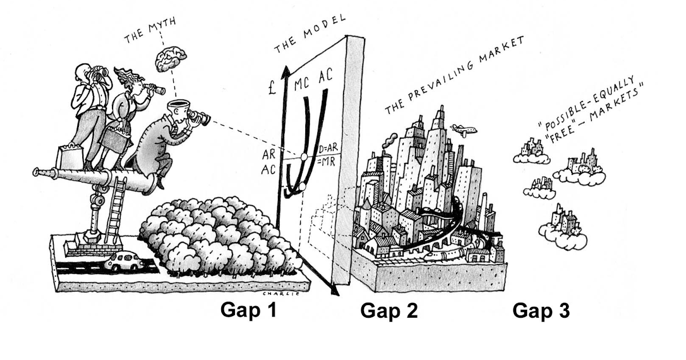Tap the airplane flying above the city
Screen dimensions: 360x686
463,130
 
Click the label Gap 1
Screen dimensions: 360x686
248,310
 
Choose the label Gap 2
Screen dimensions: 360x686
389,311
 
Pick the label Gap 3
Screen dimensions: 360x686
541,311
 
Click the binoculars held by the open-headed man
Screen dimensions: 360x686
198,117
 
